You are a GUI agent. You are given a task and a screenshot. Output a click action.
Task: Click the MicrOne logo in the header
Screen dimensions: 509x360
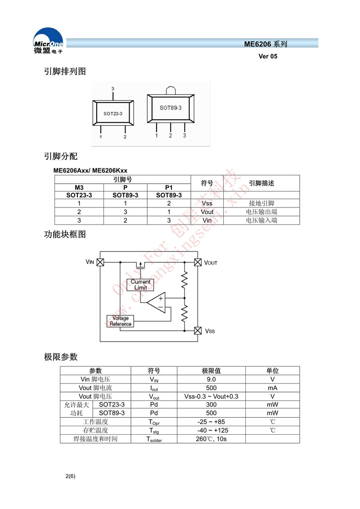(48, 41)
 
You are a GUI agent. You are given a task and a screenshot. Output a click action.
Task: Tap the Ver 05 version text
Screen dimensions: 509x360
(268, 57)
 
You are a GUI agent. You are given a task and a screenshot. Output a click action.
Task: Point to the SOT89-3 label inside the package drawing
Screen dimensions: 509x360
(171, 108)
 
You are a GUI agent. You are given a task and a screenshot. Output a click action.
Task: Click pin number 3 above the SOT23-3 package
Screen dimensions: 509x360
(113, 89)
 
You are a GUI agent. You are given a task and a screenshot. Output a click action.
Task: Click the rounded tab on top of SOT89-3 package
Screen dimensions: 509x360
(171, 90)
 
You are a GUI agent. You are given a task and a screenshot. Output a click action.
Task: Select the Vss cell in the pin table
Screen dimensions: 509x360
(207, 203)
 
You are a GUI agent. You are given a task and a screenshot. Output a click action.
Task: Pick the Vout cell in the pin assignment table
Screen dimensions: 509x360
(207, 212)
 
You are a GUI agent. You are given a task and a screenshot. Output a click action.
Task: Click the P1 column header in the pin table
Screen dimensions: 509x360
(169, 187)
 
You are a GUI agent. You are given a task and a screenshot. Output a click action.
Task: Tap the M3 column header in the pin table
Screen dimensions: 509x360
(79, 187)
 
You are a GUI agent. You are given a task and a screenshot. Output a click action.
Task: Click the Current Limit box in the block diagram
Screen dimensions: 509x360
(140, 285)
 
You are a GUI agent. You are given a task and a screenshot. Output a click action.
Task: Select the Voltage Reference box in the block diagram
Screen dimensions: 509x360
(121, 321)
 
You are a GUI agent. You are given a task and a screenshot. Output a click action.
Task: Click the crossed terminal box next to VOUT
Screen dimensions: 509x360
(197, 262)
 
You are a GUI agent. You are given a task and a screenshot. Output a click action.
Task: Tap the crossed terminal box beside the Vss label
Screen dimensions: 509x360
(197, 331)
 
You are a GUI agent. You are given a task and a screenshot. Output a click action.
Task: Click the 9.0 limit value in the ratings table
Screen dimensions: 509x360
(211, 379)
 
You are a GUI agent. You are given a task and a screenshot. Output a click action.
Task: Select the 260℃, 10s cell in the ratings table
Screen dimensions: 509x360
(211, 439)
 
